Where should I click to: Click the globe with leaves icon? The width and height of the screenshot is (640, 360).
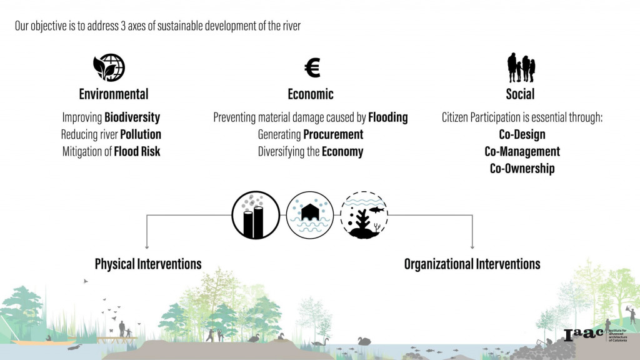coord(109,67)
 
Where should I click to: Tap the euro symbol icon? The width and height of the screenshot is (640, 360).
coord(312,67)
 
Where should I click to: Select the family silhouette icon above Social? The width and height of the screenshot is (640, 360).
coord(521,67)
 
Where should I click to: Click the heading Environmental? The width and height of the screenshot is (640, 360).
coord(114,94)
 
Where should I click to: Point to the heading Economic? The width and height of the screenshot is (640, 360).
coord(311,94)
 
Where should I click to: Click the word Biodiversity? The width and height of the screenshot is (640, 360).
coord(132,117)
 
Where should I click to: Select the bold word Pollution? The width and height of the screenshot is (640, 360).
coord(141,134)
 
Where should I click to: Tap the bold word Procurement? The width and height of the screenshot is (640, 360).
coord(333,134)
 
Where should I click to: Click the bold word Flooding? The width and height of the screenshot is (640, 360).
coord(387,117)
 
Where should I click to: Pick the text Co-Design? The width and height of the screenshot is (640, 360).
coord(522,134)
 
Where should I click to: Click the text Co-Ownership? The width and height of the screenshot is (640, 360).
coord(522,168)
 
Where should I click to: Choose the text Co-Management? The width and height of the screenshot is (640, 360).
coord(522,151)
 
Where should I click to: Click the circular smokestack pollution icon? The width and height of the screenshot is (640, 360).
coord(256,215)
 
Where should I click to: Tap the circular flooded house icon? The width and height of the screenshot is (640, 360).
coord(310,215)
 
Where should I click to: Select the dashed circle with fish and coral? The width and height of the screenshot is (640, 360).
coord(364,215)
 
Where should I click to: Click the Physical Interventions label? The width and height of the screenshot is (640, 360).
coord(148,264)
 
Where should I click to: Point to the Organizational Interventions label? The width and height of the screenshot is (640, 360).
coord(472,264)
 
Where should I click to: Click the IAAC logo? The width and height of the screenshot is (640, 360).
coord(584,335)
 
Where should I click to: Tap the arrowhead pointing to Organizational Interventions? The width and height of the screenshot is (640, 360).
coord(472,246)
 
